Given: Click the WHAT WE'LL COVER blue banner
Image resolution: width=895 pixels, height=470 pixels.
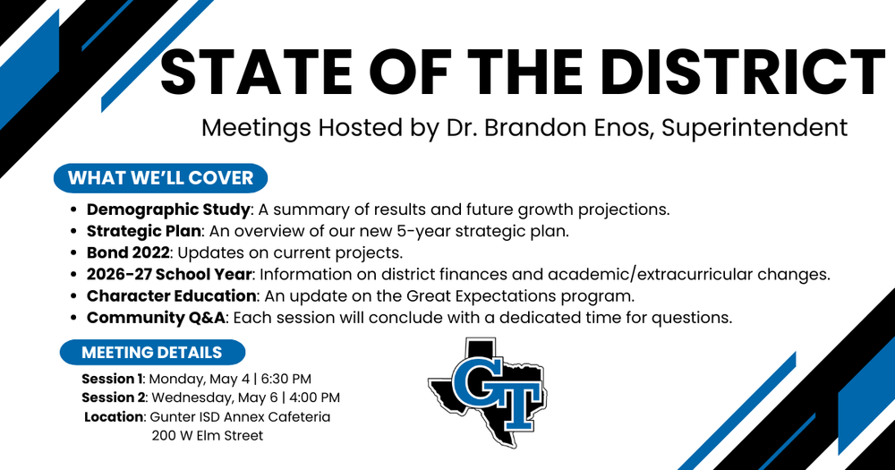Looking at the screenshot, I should click(x=160, y=177).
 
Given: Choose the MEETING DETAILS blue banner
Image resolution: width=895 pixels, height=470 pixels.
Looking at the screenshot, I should click(x=151, y=352).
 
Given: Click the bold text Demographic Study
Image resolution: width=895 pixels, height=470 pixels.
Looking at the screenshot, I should click(x=168, y=210).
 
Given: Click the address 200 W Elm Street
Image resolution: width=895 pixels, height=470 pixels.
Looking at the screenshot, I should click(x=208, y=436).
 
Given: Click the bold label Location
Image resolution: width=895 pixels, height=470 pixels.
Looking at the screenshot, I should click(x=114, y=417).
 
